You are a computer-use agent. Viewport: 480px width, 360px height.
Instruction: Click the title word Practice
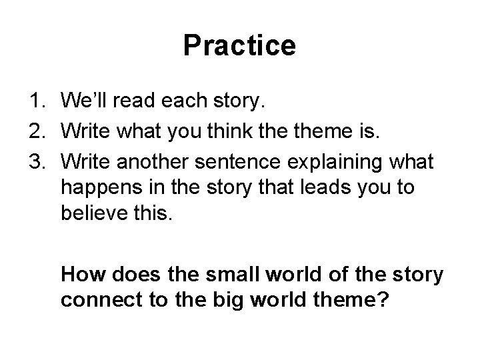239,45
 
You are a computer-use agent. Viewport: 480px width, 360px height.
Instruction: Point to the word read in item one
137,101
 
